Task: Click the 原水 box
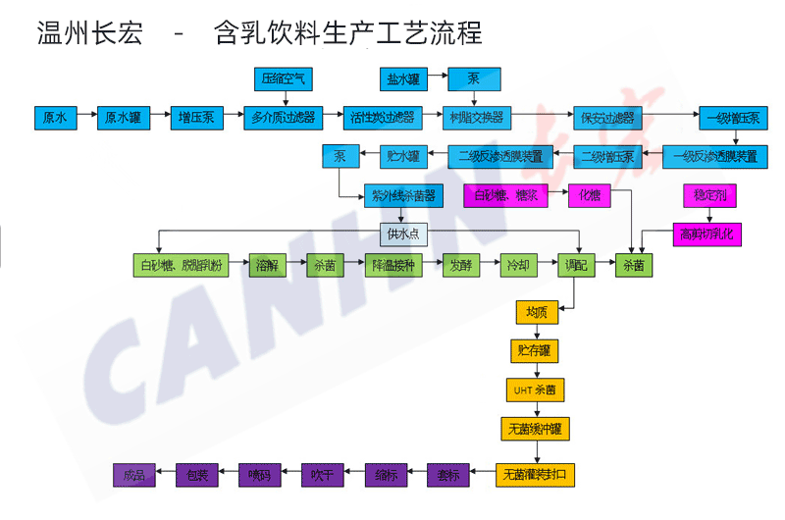[55, 117]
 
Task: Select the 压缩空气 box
[284, 78]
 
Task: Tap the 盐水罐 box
[405, 78]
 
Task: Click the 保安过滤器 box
[603, 117]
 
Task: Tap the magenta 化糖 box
[589, 194]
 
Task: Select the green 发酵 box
[462, 265]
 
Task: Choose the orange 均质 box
[536, 313]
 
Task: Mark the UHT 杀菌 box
[536, 389]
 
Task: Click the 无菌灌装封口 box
[536, 475]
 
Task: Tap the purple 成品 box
[134, 475]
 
